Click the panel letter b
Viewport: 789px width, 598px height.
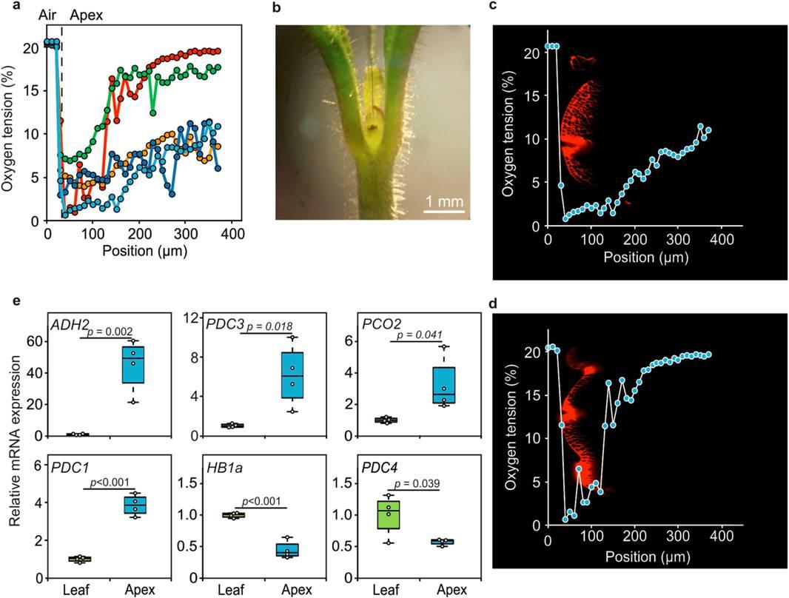(x=278, y=8)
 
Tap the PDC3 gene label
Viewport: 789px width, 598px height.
(x=225, y=324)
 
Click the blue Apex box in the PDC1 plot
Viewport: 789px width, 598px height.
(x=135, y=504)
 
